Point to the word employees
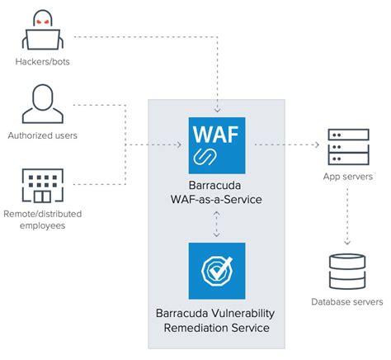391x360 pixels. point(42,226)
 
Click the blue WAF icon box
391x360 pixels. point(216,144)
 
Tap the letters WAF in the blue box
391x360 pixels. point(216,134)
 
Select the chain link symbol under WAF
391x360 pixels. point(216,157)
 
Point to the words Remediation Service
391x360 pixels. point(216,328)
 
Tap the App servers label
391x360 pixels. point(347,177)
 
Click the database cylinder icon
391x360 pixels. point(347,270)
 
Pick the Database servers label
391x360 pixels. point(347,302)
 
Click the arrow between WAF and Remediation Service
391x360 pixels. point(216,223)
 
